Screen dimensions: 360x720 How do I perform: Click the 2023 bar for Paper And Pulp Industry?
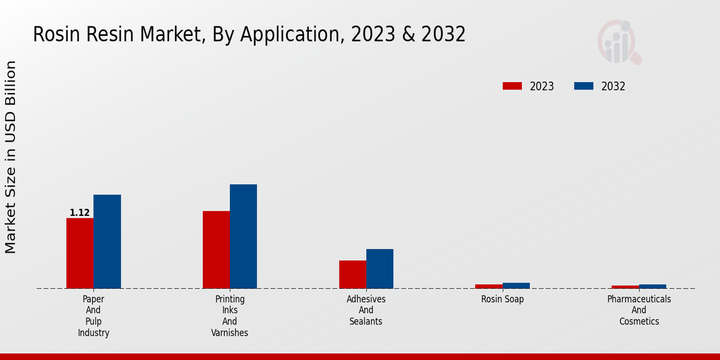[80, 253]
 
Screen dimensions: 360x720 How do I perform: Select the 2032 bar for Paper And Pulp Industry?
[107, 241]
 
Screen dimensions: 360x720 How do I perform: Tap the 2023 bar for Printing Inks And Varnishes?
[216, 249]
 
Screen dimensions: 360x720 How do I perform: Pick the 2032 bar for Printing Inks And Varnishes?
[243, 236]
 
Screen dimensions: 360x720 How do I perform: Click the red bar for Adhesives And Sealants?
[352, 274]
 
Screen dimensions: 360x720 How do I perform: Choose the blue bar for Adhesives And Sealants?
[380, 268]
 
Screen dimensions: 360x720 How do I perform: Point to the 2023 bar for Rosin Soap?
[488, 286]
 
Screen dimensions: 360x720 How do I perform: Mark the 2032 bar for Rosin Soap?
[516, 286]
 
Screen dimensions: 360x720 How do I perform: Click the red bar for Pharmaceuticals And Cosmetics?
[625, 287]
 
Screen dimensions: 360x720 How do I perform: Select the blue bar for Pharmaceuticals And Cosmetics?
[652, 286]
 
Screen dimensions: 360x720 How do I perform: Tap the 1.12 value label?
[80, 213]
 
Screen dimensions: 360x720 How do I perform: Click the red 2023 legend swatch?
[512, 86]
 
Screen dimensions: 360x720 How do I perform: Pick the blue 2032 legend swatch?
[583, 86]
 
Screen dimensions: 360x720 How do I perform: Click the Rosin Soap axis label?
[502, 299]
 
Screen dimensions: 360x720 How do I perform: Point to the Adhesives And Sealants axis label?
[366, 310]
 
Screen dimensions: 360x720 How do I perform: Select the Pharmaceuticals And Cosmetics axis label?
[639, 310]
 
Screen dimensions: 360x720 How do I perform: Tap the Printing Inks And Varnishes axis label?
[230, 316]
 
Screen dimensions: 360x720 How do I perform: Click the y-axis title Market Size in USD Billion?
[11, 157]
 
